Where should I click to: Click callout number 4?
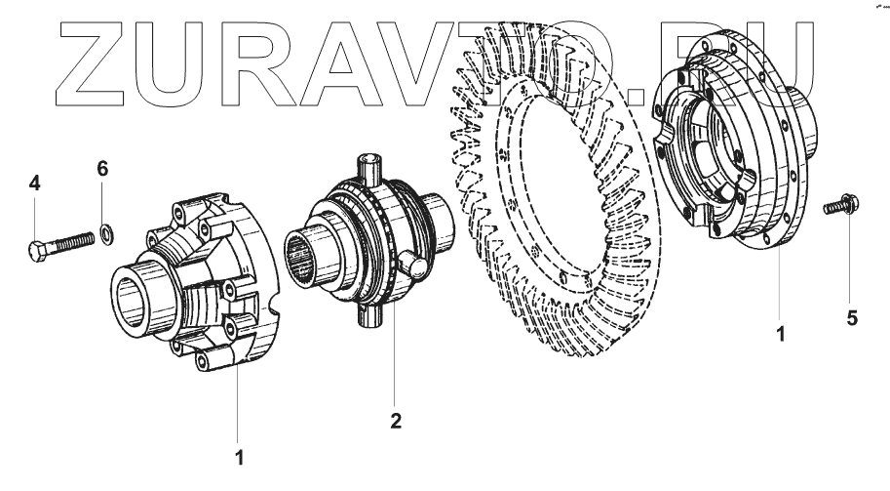(34, 183)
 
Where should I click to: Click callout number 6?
(102, 169)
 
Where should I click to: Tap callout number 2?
(396, 421)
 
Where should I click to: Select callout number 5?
(852, 318)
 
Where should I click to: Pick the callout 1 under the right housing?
(780, 333)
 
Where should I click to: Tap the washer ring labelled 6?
(106, 232)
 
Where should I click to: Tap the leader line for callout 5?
(849, 264)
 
